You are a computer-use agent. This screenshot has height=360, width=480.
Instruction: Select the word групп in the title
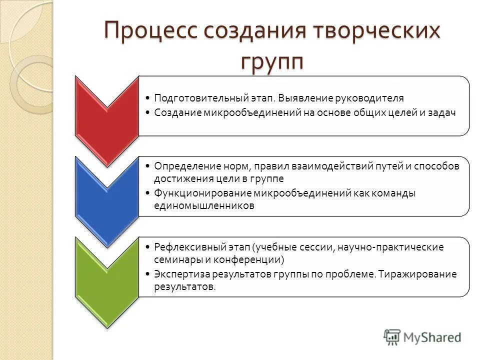pyautogui.click(x=272, y=62)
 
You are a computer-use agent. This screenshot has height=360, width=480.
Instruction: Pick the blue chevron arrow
pyautogui.click(x=106, y=197)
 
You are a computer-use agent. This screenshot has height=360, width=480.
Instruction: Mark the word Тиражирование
pyautogui.click(x=418, y=274)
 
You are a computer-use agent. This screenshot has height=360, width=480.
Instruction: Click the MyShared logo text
pyautogui.click(x=432, y=337)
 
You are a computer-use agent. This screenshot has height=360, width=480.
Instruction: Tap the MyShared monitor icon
pyautogui.click(x=392, y=336)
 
